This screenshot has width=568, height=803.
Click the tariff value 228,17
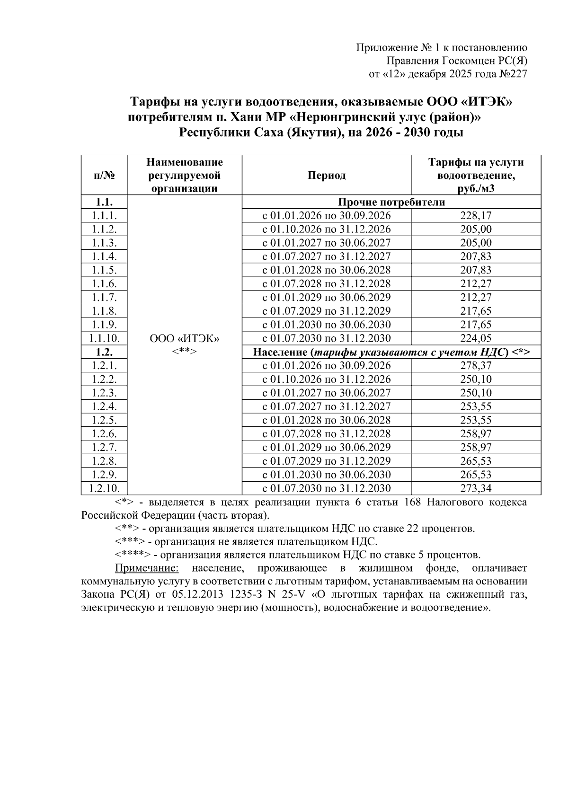[476, 216]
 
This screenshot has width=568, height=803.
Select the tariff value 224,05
[476, 338]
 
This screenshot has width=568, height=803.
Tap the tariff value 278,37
[476, 366]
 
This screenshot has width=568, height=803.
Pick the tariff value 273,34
[476, 488]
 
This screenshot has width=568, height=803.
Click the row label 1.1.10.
[104, 338]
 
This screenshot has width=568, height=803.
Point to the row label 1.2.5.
[104, 420]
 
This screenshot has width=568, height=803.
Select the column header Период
[327, 176]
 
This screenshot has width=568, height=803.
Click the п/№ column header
[104, 176]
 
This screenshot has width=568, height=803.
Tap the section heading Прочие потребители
[391, 203]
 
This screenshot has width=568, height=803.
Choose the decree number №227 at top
[513, 74]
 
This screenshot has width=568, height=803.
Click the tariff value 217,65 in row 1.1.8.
[476, 311]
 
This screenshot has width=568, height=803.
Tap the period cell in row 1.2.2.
[327, 379]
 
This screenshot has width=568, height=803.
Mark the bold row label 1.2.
[104, 352]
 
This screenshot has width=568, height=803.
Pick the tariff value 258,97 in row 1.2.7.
[476, 447]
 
